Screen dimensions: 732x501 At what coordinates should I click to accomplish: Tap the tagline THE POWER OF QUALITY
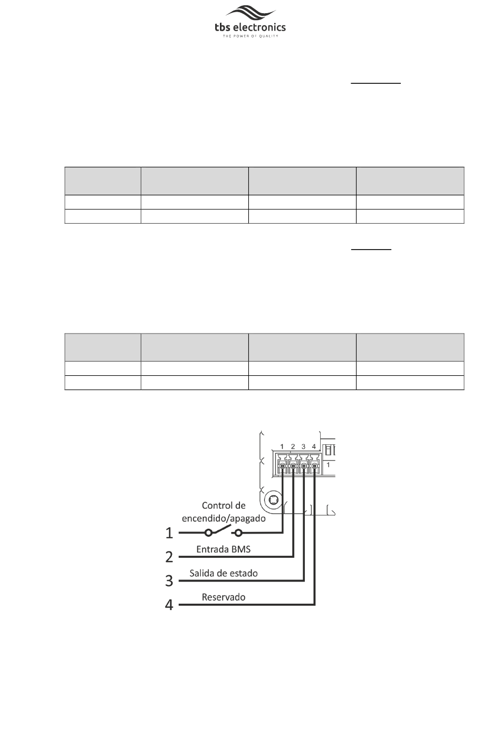pyautogui.click(x=250, y=36)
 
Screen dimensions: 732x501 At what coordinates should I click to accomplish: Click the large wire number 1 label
pyautogui.click(x=169, y=534)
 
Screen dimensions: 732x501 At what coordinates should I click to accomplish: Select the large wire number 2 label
pyautogui.click(x=169, y=557)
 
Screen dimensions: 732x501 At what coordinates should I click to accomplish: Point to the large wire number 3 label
pyautogui.click(x=169, y=581)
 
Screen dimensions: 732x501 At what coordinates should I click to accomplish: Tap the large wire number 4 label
pyautogui.click(x=169, y=605)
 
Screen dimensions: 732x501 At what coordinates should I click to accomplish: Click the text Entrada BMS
pyautogui.click(x=224, y=549)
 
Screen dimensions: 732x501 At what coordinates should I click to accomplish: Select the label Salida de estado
pyautogui.click(x=224, y=573)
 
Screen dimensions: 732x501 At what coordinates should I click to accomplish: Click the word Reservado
pyautogui.click(x=224, y=597)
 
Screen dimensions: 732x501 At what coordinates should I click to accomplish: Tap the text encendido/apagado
pyautogui.click(x=224, y=518)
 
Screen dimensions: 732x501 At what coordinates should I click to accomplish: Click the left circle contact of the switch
pyautogui.click(x=208, y=533)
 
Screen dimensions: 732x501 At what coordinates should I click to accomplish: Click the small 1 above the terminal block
pyautogui.click(x=283, y=447)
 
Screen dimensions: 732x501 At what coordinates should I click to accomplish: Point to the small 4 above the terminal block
pyautogui.click(x=314, y=447)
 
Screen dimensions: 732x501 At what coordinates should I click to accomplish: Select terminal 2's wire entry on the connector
pyautogui.click(x=293, y=467)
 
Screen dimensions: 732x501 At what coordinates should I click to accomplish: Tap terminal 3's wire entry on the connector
pyautogui.click(x=304, y=467)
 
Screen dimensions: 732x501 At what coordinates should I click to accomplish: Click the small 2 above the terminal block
pyautogui.click(x=293, y=447)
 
